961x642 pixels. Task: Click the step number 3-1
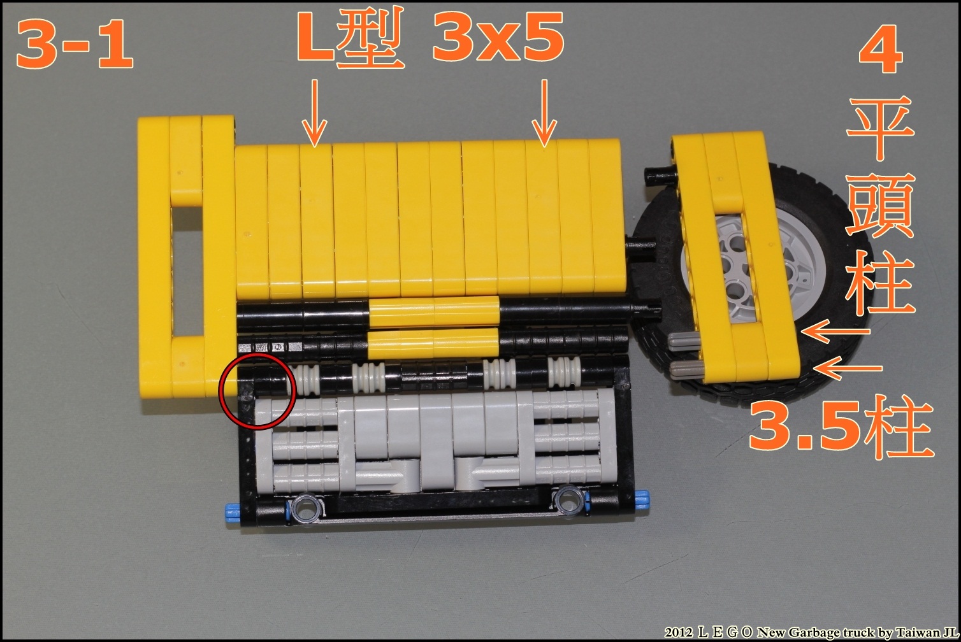pyautogui.click(x=75, y=45)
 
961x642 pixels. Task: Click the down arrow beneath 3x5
pyautogui.click(x=544, y=113)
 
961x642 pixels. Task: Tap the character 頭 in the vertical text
pyautogui.click(x=880, y=205)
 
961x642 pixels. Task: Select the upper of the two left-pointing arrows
pyautogui.click(x=835, y=331)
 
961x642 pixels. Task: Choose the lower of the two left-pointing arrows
pyautogui.click(x=848, y=368)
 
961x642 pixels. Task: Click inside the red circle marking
pyautogui.click(x=257, y=390)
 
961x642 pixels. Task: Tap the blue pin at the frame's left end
pyautogui.click(x=233, y=510)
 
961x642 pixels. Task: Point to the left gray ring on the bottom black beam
pyautogui.click(x=305, y=508)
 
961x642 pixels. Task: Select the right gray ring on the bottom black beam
pyautogui.click(x=568, y=499)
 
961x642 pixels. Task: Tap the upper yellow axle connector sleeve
pyautogui.click(x=434, y=311)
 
